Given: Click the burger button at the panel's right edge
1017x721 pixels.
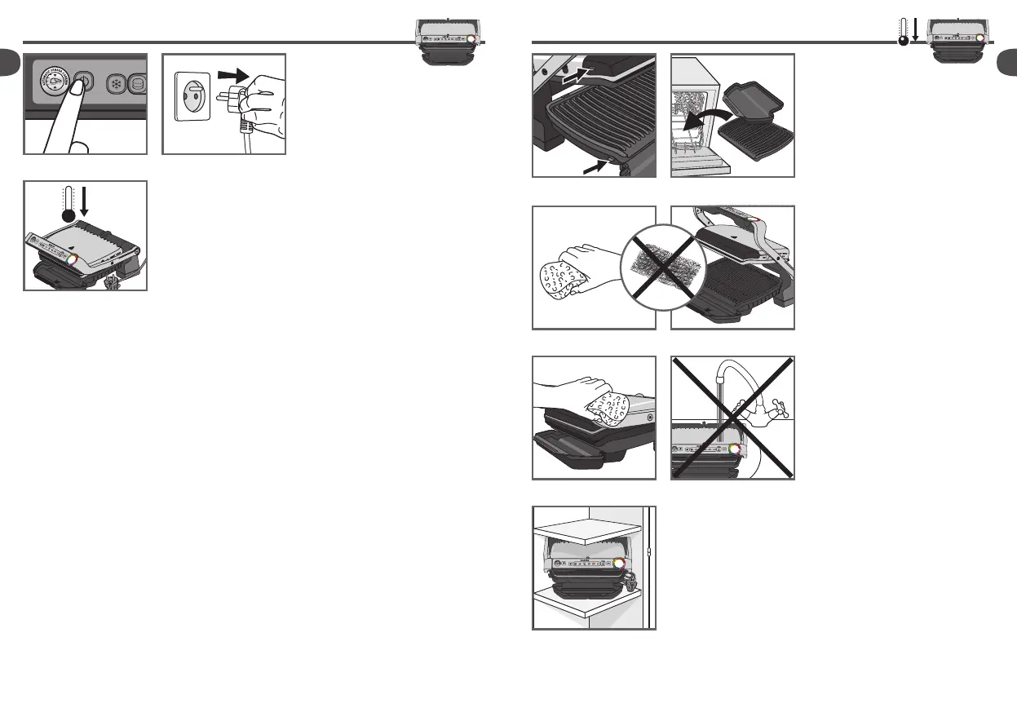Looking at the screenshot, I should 139,85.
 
